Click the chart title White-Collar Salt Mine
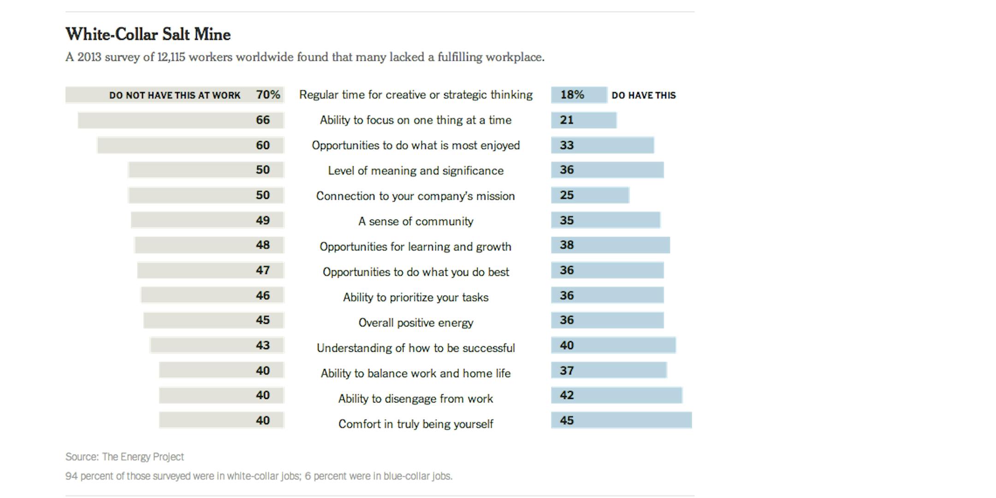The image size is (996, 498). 148,35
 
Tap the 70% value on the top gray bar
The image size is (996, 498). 268,95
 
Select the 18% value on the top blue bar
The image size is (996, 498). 572,95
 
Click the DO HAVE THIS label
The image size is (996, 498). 643,95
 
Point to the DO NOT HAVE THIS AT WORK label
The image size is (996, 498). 175,95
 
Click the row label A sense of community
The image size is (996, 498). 415,221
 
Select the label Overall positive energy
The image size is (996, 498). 415,323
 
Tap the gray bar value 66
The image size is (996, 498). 263,120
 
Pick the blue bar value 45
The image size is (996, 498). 567,421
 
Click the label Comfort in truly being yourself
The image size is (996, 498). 415,424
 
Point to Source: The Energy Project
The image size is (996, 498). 125,457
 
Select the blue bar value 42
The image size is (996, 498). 567,395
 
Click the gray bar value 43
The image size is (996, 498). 263,345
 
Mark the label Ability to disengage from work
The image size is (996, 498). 415,399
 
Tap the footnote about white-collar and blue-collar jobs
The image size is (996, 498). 259,476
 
